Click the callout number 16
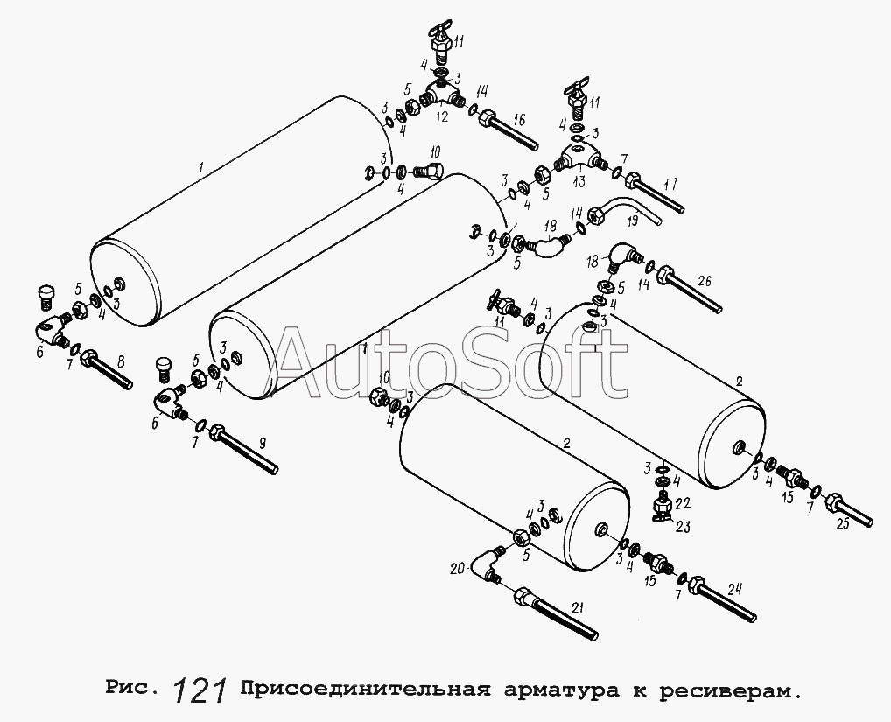click(519, 120)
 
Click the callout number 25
click(842, 523)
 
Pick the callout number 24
click(735, 589)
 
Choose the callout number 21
click(578, 608)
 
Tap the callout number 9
click(262, 444)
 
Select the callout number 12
click(442, 116)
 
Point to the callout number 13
click(579, 182)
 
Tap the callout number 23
click(683, 527)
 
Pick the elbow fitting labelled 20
click(488, 564)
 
